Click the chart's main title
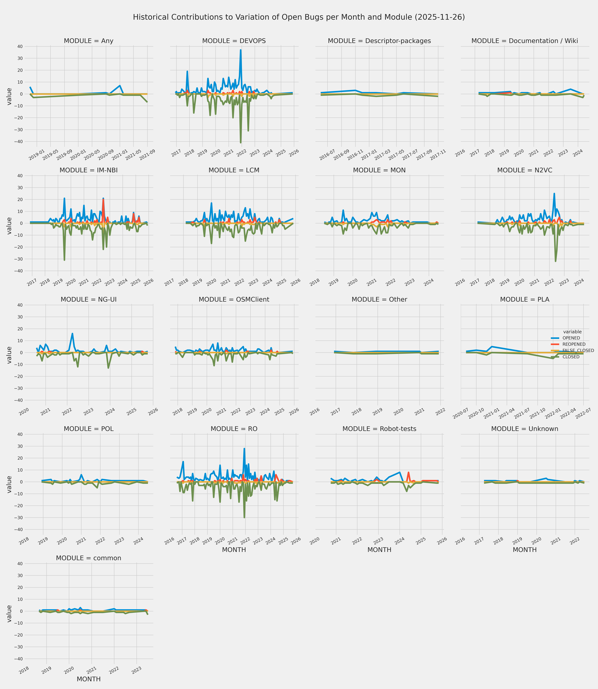[x=299, y=17]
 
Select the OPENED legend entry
[x=571, y=338]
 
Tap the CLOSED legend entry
[x=571, y=357]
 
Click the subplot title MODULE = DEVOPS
[x=234, y=41]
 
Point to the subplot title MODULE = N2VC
[x=525, y=170]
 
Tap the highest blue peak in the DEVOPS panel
[x=241, y=50]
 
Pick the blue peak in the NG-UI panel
[x=72, y=334]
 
